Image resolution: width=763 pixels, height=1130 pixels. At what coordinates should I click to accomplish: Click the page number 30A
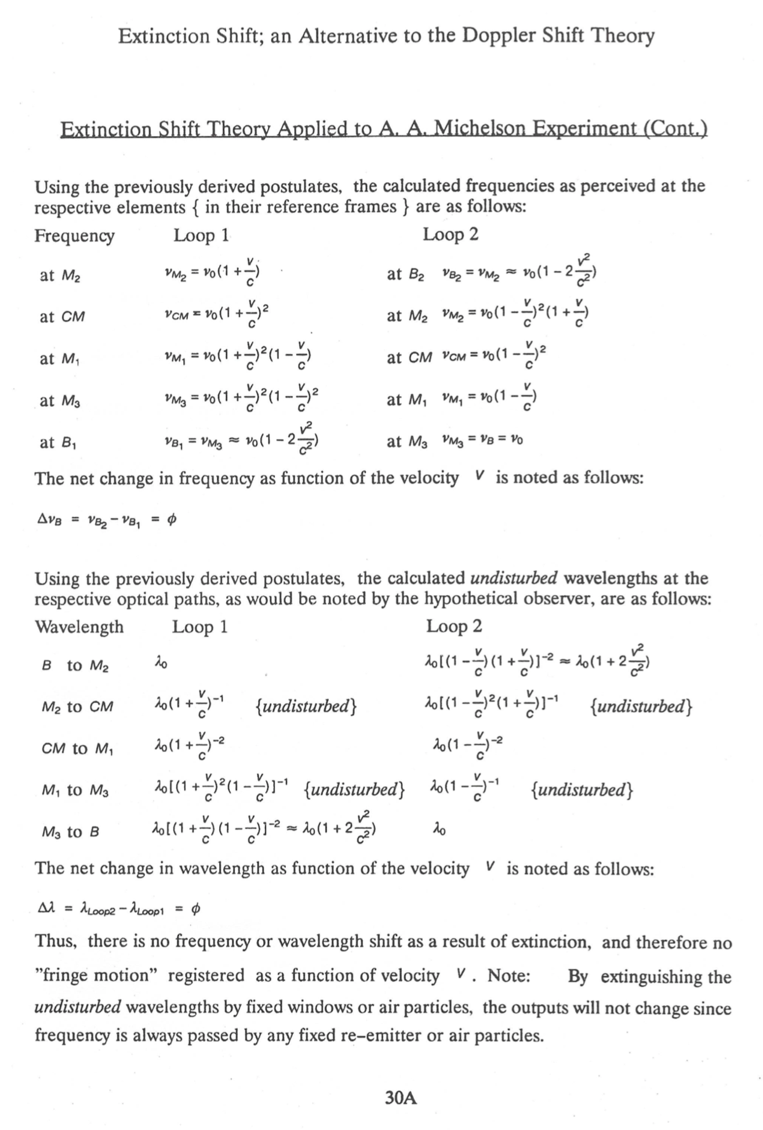[x=401, y=1098]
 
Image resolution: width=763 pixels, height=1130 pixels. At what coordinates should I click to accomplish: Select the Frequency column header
[x=74, y=236]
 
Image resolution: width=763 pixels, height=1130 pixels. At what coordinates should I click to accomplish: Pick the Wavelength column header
[x=79, y=627]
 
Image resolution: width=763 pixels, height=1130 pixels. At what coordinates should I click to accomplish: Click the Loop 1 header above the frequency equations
[x=202, y=235]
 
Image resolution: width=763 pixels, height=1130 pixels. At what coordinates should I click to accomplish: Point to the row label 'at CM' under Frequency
[x=62, y=317]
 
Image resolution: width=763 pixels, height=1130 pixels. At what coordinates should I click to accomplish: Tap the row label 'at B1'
[x=59, y=443]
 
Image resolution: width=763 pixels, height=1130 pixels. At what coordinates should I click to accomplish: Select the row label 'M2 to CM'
[x=78, y=707]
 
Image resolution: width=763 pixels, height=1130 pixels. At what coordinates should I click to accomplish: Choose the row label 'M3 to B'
[x=70, y=832]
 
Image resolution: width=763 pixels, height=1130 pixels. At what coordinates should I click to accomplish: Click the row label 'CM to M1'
[x=78, y=749]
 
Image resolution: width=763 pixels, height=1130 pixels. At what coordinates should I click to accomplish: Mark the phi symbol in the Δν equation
[x=171, y=521]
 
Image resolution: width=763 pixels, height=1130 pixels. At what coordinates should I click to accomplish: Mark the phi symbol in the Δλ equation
[x=195, y=910]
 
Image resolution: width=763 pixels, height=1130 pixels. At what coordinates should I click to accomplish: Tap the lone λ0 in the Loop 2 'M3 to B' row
[x=439, y=831]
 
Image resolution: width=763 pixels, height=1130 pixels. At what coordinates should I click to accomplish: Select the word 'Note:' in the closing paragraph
[x=508, y=976]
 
